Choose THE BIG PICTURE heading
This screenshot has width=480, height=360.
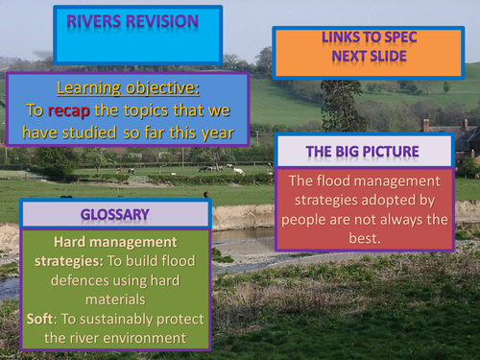(364, 151)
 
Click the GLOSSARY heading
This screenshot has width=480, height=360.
(114, 216)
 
